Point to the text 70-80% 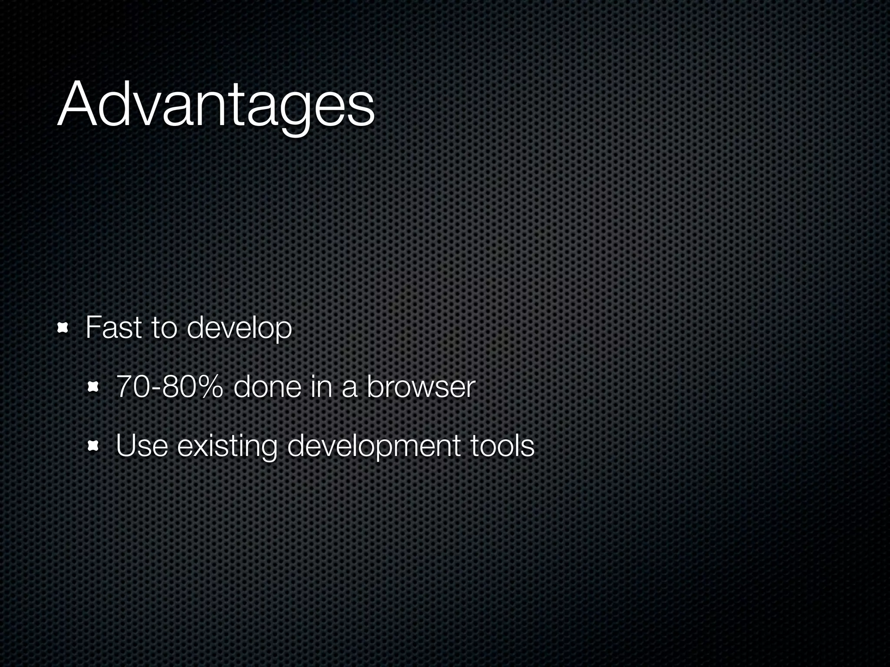tap(169, 387)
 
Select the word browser tap(421, 387)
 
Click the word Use tap(142, 446)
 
